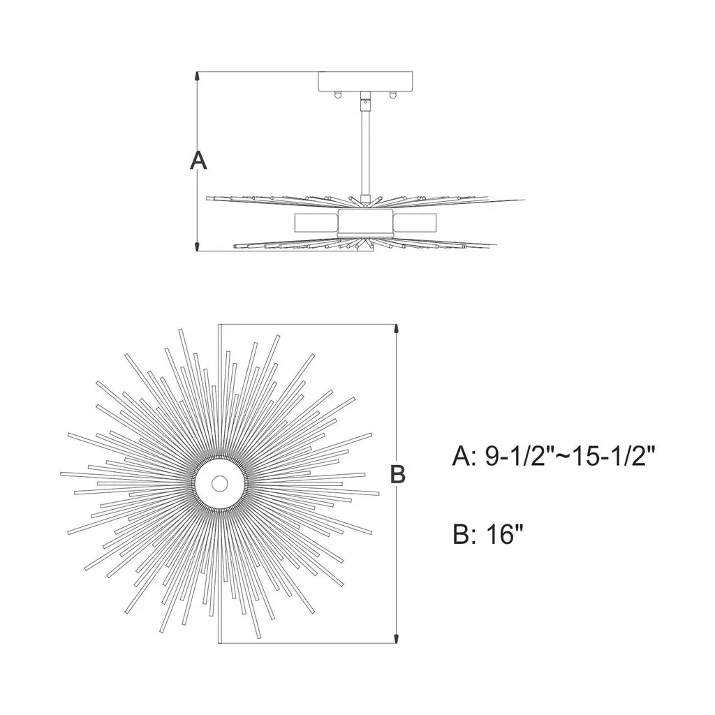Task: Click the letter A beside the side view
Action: (x=198, y=161)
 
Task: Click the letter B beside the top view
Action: (x=397, y=474)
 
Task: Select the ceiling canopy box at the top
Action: (x=365, y=82)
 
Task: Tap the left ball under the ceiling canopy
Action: (x=337, y=95)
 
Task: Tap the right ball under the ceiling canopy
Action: (x=392, y=95)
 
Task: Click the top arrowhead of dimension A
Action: (x=197, y=77)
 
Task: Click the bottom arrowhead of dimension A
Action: (x=197, y=246)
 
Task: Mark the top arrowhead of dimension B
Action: (x=397, y=330)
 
